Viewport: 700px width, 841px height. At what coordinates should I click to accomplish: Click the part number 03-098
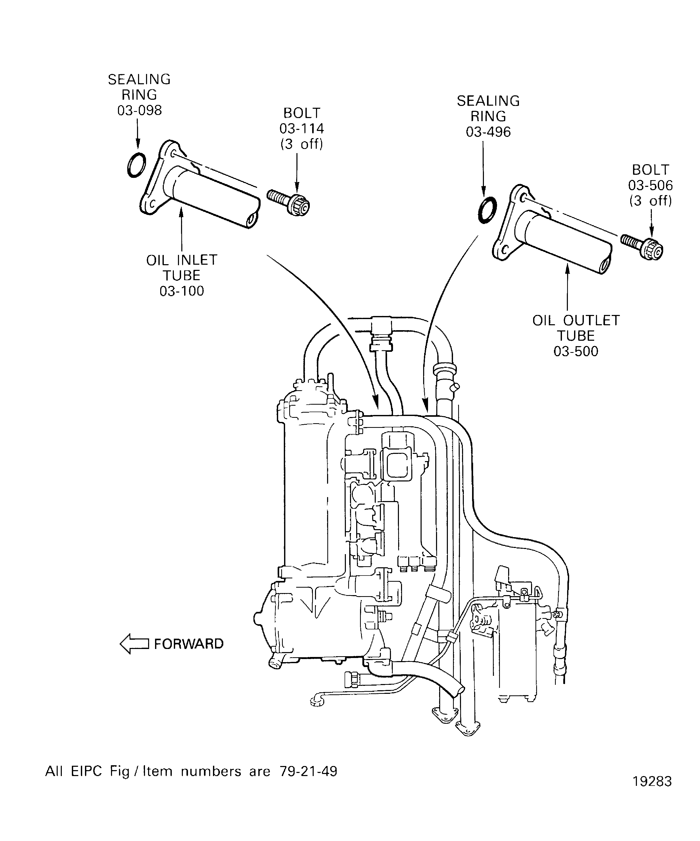(x=139, y=110)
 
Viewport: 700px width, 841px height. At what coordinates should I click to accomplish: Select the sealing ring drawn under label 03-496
(x=488, y=210)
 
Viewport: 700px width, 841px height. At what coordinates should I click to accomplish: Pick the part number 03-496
(x=488, y=132)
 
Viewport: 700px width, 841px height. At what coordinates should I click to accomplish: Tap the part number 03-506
(x=650, y=185)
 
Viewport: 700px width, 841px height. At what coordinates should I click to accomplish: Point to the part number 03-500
(x=576, y=352)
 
